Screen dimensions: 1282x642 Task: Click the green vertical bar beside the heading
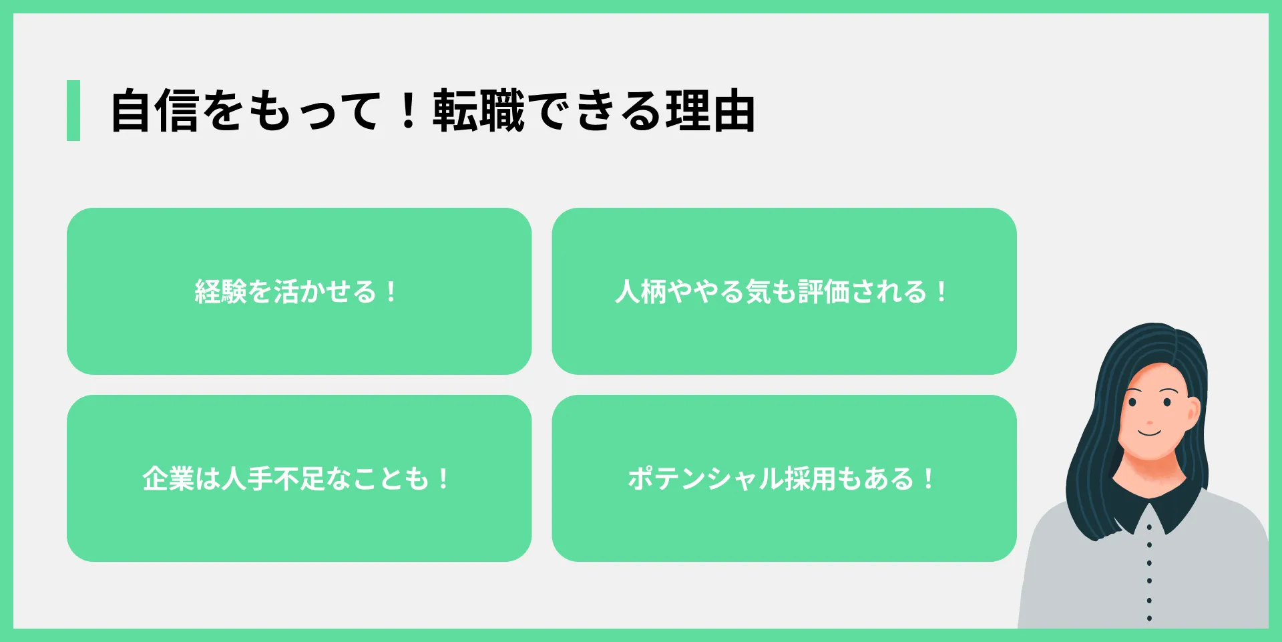(73, 110)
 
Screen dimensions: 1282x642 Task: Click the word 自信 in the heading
(155, 111)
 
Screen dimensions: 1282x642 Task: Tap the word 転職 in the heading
(478, 111)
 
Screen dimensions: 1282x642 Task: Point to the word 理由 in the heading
(710, 111)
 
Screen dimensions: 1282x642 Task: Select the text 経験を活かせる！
(296, 291)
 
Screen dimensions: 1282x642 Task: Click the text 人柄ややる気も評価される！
(781, 291)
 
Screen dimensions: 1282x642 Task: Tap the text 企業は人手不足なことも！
(296, 478)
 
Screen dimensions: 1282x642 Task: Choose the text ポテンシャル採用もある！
(781, 478)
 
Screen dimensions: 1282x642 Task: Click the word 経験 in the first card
(220, 291)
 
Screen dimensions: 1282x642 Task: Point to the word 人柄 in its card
(640, 291)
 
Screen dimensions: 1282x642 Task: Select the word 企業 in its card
(168, 478)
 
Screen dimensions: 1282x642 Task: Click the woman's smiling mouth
(1150, 433)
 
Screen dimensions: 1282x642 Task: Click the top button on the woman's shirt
(1149, 527)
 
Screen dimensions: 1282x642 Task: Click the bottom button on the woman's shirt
(1149, 618)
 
